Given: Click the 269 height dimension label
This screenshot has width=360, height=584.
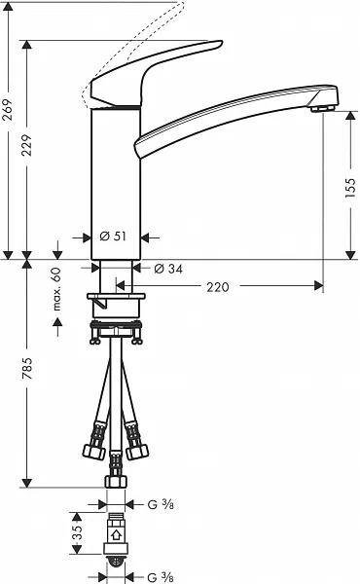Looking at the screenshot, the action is (8, 109).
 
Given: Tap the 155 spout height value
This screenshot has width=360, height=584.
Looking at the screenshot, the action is (350, 187).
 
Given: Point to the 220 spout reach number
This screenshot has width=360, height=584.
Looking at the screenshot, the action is (218, 287).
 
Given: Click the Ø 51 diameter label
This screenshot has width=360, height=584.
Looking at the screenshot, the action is (113, 237).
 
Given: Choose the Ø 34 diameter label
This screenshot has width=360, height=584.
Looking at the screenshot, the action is (168, 269).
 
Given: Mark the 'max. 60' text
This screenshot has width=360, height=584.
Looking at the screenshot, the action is (56, 289).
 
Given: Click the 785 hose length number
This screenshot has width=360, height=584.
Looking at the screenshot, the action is (27, 369).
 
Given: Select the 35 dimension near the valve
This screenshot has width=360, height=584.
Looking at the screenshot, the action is (77, 533).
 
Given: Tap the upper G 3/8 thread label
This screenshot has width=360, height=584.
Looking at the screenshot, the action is (161, 504).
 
